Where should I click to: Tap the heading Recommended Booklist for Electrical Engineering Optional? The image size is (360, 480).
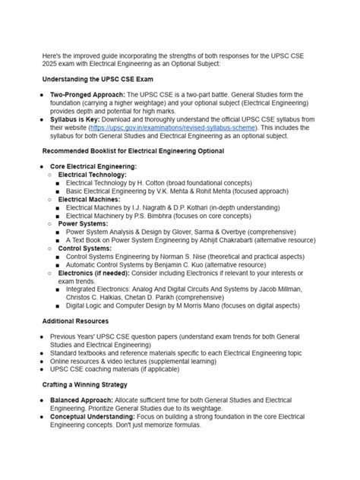pyautogui.click(x=133, y=151)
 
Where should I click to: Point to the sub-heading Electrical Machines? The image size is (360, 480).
pyautogui.click(x=94, y=199)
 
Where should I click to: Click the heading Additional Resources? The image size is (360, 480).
pyautogui.click(x=75, y=321)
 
